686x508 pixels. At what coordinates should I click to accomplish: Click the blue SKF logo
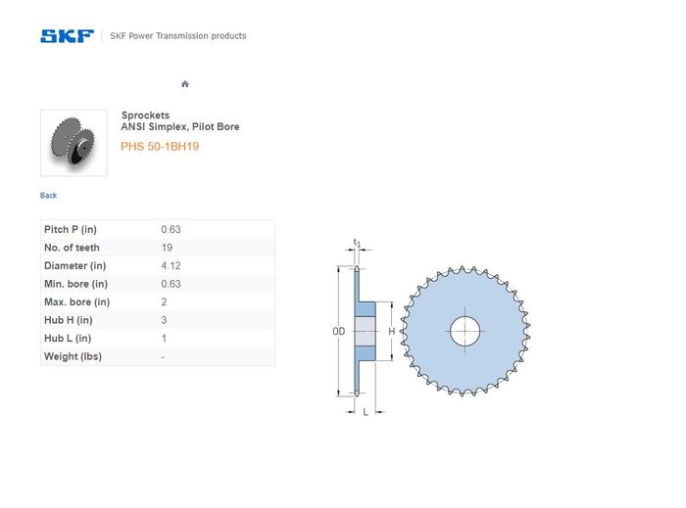coord(67,36)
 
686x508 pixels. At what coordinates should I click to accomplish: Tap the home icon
coord(185,84)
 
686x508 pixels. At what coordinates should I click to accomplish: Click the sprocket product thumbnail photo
coord(73,143)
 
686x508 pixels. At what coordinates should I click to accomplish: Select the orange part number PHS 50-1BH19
coord(160,146)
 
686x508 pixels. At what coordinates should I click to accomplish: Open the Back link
coord(48,195)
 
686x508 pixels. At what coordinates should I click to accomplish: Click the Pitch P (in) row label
coord(71,229)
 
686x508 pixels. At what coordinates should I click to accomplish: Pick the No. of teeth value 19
coord(167,248)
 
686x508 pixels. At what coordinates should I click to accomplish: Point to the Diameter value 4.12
coord(171,265)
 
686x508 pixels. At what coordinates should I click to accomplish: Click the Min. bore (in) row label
coord(75,284)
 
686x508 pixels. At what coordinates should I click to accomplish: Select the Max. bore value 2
coord(164,301)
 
